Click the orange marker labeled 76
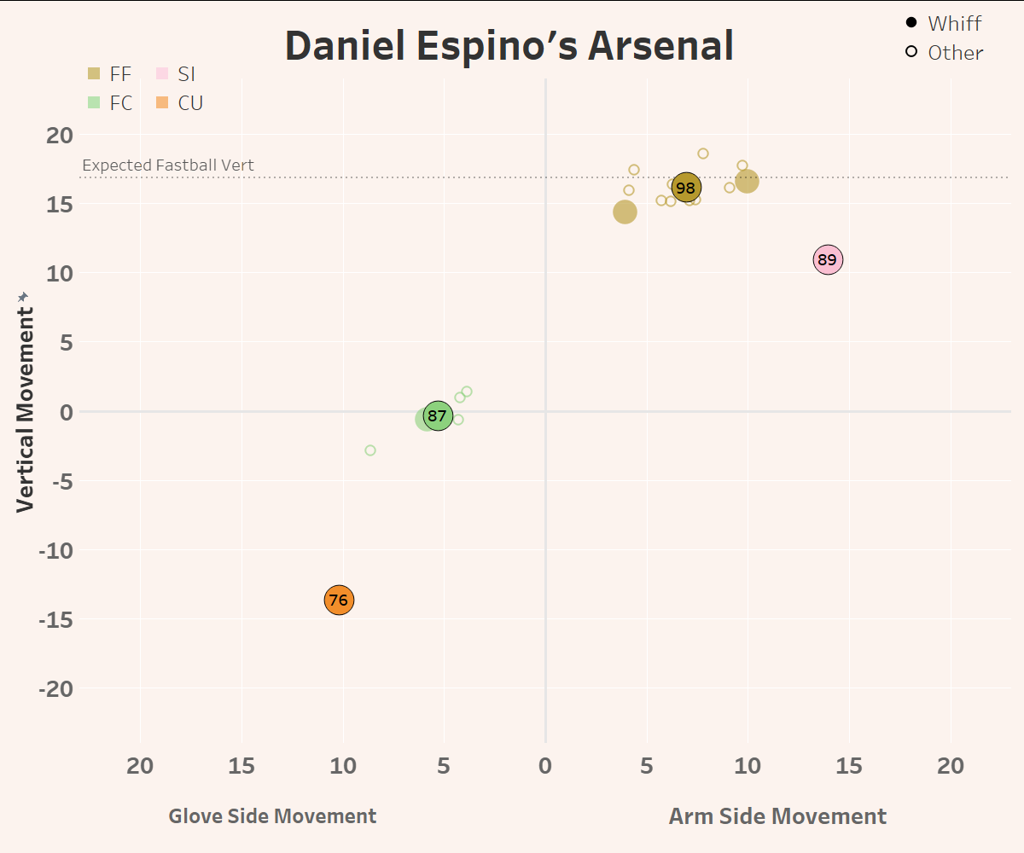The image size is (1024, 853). (x=339, y=600)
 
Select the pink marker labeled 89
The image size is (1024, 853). (x=828, y=260)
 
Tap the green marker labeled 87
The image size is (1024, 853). (x=437, y=416)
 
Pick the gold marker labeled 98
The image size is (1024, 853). (x=685, y=188)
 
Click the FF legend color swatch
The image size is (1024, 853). (x=94, y=74)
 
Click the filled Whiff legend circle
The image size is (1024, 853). (x=911, y=23)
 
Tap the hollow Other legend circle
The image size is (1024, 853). (x=911, y=52)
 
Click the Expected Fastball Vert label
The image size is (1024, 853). (x=168, y=165)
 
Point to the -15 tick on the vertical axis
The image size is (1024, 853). (x=56, y=619)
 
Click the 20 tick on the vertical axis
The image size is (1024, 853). (x=61, y=135)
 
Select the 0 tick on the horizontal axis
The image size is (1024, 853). (x=545, y=766)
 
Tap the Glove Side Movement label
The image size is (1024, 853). (x=272, y=816)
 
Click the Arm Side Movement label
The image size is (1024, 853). (x=777, y=816)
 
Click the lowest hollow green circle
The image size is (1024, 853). (x=370, y=450)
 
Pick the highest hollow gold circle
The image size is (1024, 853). (x=703, y=154)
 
